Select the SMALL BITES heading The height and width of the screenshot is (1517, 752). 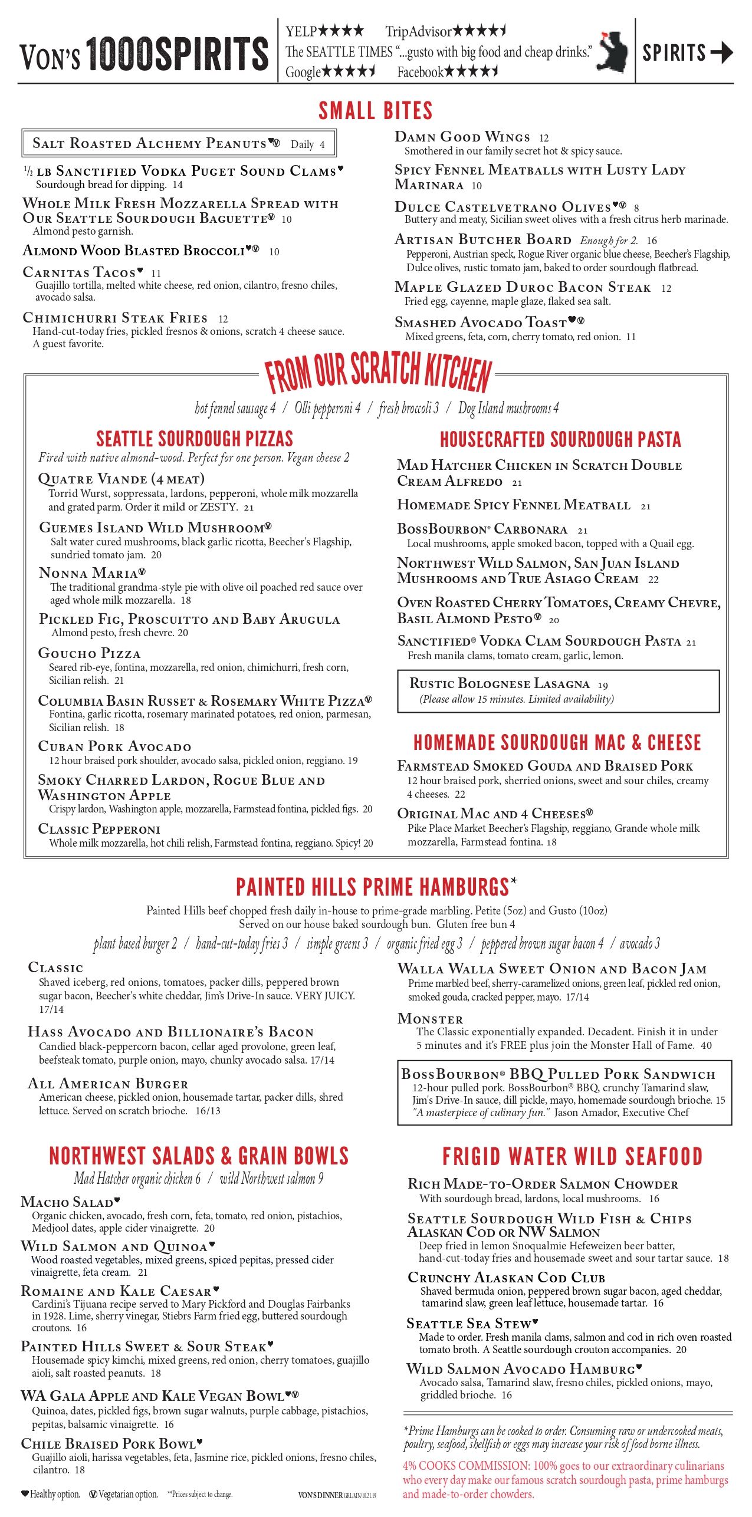[x=375, y=111]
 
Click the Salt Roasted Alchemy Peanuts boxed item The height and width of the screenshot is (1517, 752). [x=179, y=143]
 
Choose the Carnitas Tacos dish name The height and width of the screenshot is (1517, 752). [x=79, y=272]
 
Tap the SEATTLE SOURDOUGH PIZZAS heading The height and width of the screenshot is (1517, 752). [x=194, y=439]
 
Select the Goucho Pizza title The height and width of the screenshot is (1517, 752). [x=89, y=653]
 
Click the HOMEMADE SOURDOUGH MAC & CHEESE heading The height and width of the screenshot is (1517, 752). [x=557, y=742]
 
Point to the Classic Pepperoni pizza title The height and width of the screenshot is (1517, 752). [x=98, y=829]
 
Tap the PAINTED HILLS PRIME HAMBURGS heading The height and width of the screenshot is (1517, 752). [x=372, y=887]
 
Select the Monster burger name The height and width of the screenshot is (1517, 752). [x=430, y=1019]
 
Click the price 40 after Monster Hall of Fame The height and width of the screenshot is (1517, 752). [x=706, y=1046]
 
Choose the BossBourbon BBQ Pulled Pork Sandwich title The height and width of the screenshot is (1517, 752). [x=557, y=1074]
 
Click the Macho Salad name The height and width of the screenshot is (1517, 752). [x=67, y=1202]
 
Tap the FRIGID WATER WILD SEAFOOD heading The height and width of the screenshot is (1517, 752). [x=572, y=1157]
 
